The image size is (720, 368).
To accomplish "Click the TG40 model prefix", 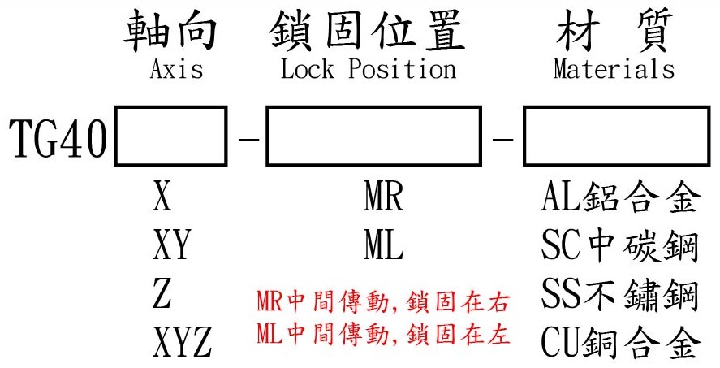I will click(58, 139).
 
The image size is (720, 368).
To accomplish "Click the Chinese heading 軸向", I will click(172, 31).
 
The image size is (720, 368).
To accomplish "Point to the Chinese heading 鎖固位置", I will click(366, 31).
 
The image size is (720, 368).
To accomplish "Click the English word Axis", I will click(176, 70).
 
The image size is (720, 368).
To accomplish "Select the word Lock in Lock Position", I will click(308, 70).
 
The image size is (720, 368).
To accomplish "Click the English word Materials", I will click(614, 70).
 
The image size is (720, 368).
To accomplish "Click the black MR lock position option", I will click(384, 198).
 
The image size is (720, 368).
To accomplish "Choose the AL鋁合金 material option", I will click(619, 198).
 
